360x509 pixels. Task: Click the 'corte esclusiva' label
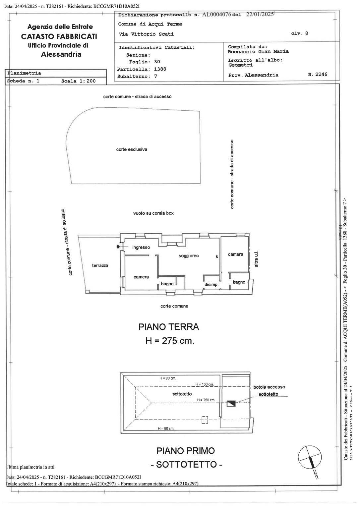[132, 149]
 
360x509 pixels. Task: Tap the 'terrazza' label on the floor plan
[100, 265]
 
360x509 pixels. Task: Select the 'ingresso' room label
[141, 247]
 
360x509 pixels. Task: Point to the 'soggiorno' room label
[189, 255]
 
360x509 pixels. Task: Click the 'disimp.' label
[211, 285]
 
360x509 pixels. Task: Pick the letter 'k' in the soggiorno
[217, 256]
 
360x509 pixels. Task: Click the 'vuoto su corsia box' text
[153, 213]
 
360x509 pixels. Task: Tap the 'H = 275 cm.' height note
[170, 341]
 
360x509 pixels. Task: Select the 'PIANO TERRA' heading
[168, 327]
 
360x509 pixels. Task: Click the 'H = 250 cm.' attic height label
[206, 400]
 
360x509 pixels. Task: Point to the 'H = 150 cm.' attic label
[204, 384]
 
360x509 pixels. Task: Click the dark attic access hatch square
[231, 404]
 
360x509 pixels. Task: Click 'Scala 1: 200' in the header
[78, 81]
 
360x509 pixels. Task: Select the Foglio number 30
[157, 62]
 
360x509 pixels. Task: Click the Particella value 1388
[160, 69]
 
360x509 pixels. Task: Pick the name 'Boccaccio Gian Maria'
[258, 51]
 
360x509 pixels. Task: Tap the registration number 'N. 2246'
[317, 74]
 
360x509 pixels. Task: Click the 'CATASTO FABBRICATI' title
[59, 36]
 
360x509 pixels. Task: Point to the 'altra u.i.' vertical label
[256, 259]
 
